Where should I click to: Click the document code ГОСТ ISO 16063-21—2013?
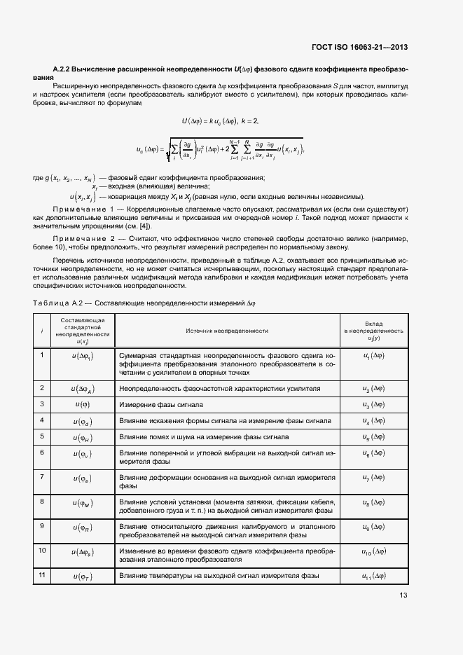(359, 48)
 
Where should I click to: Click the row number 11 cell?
(43, 575)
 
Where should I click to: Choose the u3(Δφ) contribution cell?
(373, 404)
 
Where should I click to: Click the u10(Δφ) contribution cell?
(373, 552)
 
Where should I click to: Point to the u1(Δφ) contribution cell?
(373, 355)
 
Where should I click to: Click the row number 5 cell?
(43, 436)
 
